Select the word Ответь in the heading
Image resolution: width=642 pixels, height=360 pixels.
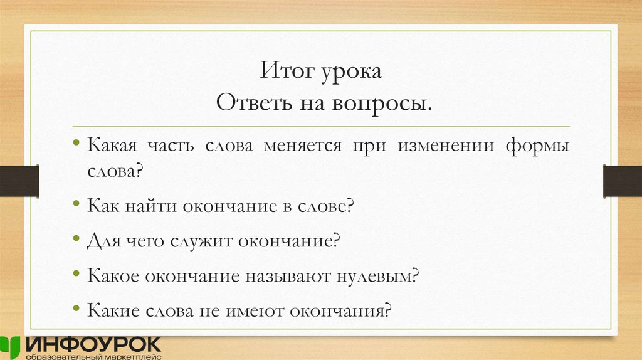tap(249, 102)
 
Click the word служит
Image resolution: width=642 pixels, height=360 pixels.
tap(203, 241)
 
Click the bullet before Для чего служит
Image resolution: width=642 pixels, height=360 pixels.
tap(76, 240)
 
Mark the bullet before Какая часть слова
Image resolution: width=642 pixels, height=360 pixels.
tap(76, 146)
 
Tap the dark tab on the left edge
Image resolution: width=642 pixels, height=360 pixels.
tap(19, 180)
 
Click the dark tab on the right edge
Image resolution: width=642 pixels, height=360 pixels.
tap(622, 180)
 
